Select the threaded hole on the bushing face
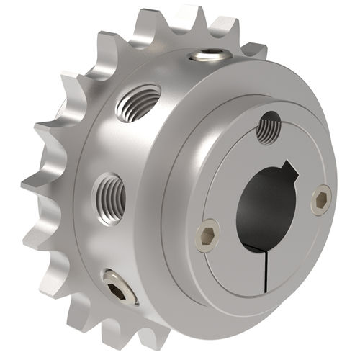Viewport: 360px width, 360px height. pyautogui.click(x=269, y=128)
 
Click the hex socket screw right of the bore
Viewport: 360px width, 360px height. pyautogui.click(x=321, y=201)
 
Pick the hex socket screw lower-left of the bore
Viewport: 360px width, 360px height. pyautogui.click(x=208, y=235)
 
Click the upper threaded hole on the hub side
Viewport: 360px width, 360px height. pyautogui.click(x=140, y=100)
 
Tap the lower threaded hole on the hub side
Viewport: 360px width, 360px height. pyautogui.click(x=110, y=192)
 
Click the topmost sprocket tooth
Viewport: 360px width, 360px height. pyautogui.click(x=192, y=18)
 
